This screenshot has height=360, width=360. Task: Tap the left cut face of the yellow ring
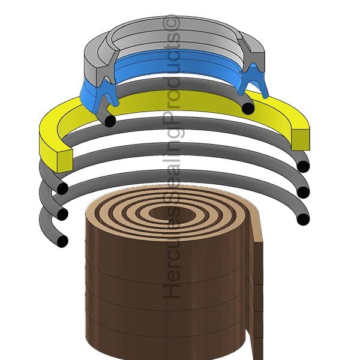(65, 161)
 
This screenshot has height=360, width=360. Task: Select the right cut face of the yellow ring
(301, 140)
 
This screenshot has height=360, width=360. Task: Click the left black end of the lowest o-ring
(62, 241)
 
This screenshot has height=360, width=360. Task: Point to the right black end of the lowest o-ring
(303, 219)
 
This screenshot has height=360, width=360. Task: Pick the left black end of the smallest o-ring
(110, 121)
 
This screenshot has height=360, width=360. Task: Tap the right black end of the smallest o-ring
(248, 109)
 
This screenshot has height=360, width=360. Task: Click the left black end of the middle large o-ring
(62, 214)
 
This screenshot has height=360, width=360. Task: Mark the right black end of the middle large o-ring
(303, 193)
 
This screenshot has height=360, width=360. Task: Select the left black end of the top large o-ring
(62, 188)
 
